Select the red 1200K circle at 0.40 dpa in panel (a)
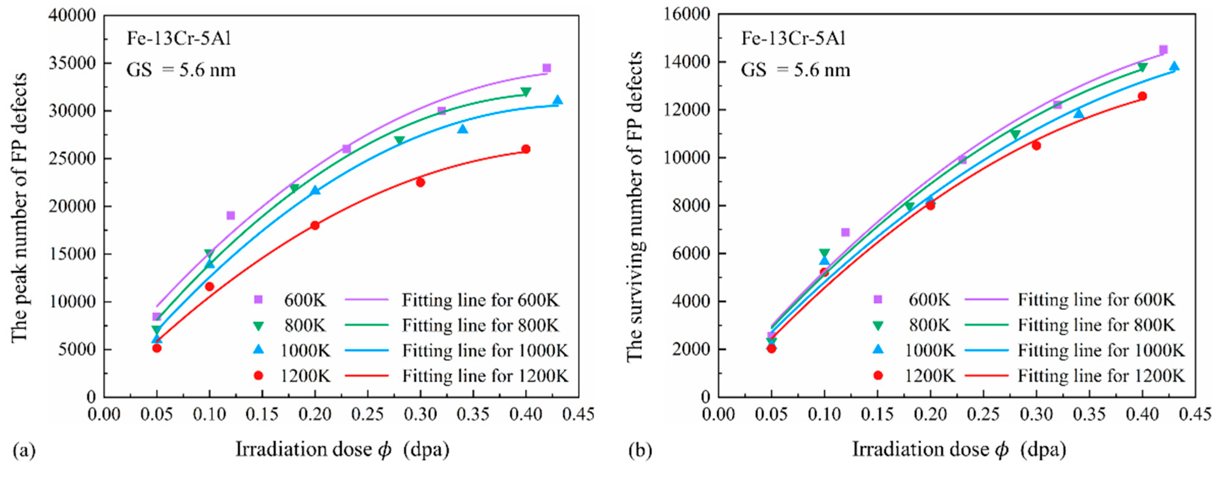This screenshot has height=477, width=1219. click(525, 149)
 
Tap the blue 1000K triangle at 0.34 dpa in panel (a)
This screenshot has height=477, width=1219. click(462, 129)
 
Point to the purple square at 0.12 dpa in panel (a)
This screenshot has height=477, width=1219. click(230, 216)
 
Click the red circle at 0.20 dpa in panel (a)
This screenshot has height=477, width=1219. click(315, 226)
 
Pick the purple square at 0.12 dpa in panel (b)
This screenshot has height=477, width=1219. click(845, 232)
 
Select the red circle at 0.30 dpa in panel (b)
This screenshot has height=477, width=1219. click(1036, 145)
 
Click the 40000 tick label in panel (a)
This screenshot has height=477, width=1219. click(72, 16)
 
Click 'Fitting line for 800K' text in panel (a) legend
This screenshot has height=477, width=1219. click(480, 325)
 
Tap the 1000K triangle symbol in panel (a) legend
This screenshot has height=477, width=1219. click(258, 350)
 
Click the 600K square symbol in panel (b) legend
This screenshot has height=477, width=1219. click(877, 299)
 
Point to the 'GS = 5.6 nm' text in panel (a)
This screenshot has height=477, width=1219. click(180, 70)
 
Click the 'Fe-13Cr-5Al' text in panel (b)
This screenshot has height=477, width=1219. click(793, 38)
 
